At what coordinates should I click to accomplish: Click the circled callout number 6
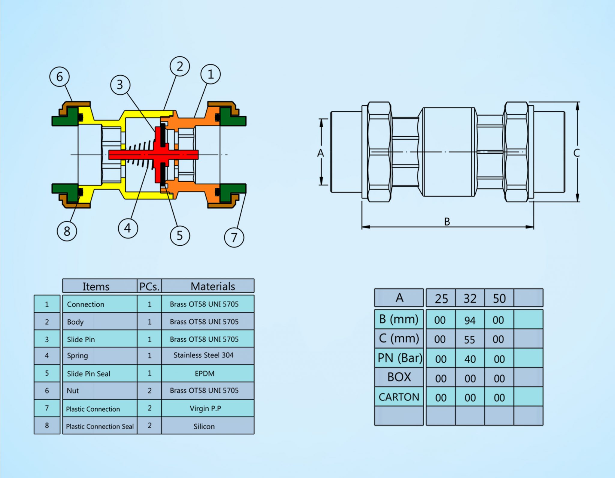pos(59,77)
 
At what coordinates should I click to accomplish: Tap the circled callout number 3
pos(120,85)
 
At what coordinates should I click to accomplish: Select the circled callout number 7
pos(234,237)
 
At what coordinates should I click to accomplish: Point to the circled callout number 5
pos(180,235)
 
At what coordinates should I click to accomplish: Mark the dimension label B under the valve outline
pos(447,222)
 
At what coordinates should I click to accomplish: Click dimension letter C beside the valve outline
pos(576,153)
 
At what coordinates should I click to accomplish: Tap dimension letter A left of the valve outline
pos(321,153)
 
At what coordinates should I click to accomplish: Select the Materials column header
pos(213,286)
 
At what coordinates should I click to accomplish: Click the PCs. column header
pos(149,286)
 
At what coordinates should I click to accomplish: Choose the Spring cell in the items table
pos(77,355)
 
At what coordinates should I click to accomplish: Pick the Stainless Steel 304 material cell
pos(204,355)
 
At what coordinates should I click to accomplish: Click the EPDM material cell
pos(204,374)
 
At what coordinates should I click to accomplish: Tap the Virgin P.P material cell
pos(205,408)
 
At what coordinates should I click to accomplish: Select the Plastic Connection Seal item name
pos(100,426)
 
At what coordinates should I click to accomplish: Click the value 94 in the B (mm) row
pos(470,320)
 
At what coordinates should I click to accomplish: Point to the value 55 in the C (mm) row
pos(470,340)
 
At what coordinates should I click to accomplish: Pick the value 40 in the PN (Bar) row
pos(470,359)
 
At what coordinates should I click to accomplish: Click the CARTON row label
pos(399,397)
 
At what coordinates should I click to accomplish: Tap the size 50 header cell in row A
pos(499,298)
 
